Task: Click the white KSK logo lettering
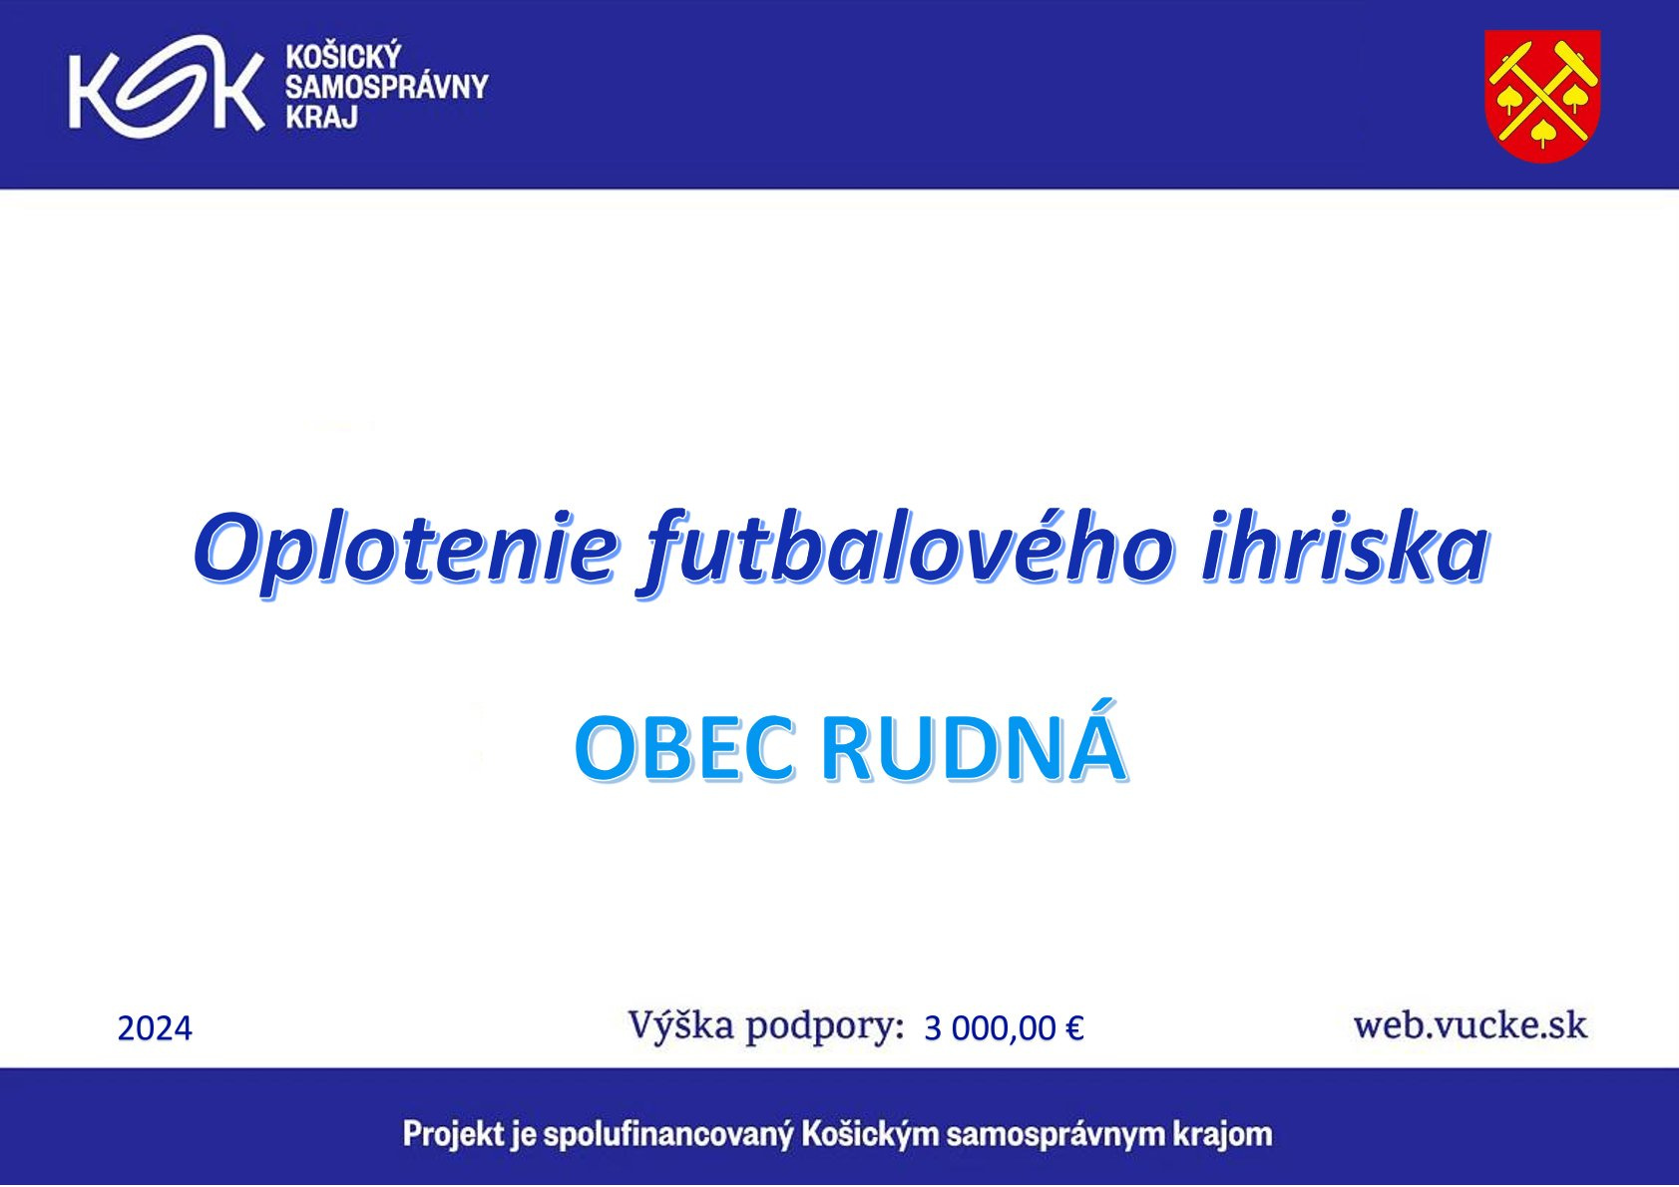pyautogui.click(x=166, y=87)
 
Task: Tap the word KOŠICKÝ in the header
pyautogui.click(x=344, y=56)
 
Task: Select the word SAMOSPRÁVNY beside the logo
pyautogui.click(x=387, y=87)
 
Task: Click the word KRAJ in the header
pyautogui.click(x=321, y=117)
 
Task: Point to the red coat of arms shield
pyautogui.click(x=1542, y=96)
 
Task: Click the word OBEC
pyautogui.click(x=684, y=749)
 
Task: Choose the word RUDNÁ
pyautogui.click(x=974, y=742)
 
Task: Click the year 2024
pyautogui.click(x=156, y=1028)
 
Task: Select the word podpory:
pyautogui.click(x=825, y=1028)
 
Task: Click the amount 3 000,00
pyautogui.click(x=991, y=1028)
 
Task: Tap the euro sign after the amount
pyautogui.click(x=1074, y=1028)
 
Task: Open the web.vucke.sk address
pyautogui.click(x=1469, y=1024)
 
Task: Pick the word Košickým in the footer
pyautogui.click(x=870, y=1134)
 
